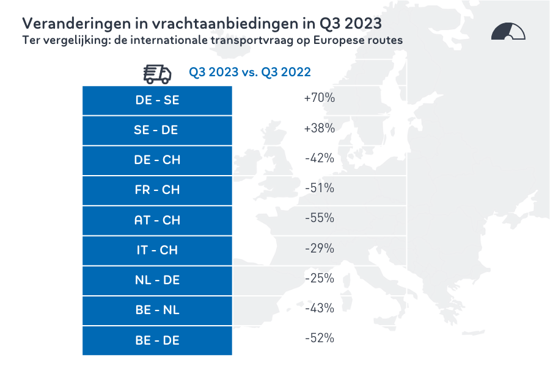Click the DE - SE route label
point(157,100)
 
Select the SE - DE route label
point(157,130)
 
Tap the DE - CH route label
point(157,160)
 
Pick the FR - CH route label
point(157,190)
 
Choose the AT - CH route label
point(157,220)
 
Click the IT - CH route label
point(157,249)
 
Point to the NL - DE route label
point(157,280)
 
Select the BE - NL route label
point(157,310)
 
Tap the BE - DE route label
point(157,340)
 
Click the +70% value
point(319,98)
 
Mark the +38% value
point(319,128)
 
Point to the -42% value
point(319,158)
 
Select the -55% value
point(319,218)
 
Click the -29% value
point(319,248)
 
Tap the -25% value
point(319,278)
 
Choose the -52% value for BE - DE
point(319,338)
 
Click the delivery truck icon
point(157,73)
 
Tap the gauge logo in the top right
point(508,32)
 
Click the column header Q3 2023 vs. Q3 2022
point(249,72)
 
